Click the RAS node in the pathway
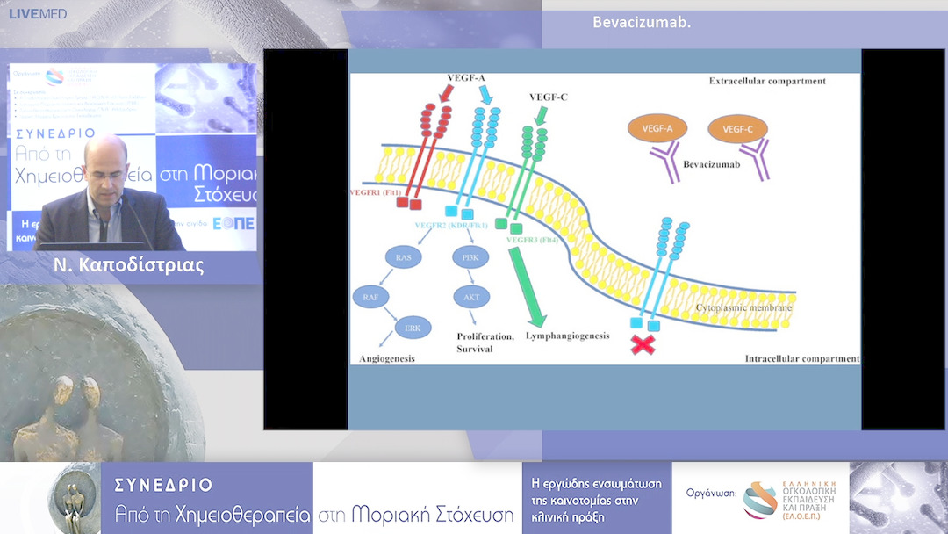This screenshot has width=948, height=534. (404, 257)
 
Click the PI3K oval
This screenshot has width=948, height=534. (467, 257)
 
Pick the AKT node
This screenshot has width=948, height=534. (471, 297)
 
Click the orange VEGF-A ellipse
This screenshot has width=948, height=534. (657, 129)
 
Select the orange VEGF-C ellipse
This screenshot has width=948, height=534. (737, 129)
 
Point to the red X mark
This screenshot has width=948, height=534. (643, 344)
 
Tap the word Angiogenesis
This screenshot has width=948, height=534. (387, 358)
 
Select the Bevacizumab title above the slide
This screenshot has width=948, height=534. (642, 22)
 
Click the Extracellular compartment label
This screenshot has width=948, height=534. (767, 81)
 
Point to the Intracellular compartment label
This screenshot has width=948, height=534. (801, 358)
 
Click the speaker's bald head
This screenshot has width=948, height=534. (107, 151)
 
